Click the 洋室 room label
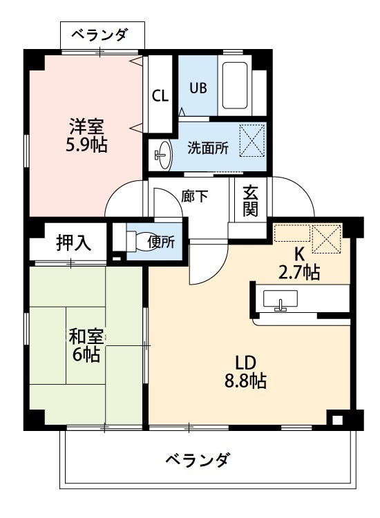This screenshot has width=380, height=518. pos(86,127)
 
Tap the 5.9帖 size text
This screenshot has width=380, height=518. pos(86,146)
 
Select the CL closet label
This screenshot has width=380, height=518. pos(160,95)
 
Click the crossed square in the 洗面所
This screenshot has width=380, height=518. pos(252,140)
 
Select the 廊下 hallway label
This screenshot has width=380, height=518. pos(194,195)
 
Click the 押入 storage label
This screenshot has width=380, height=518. pos(70,243)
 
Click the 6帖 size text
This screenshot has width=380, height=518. pos(86,356)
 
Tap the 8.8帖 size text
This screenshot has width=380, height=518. pos(245,381)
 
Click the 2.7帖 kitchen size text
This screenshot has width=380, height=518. pos(298,272)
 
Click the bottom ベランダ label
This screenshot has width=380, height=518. pos(198,459)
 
